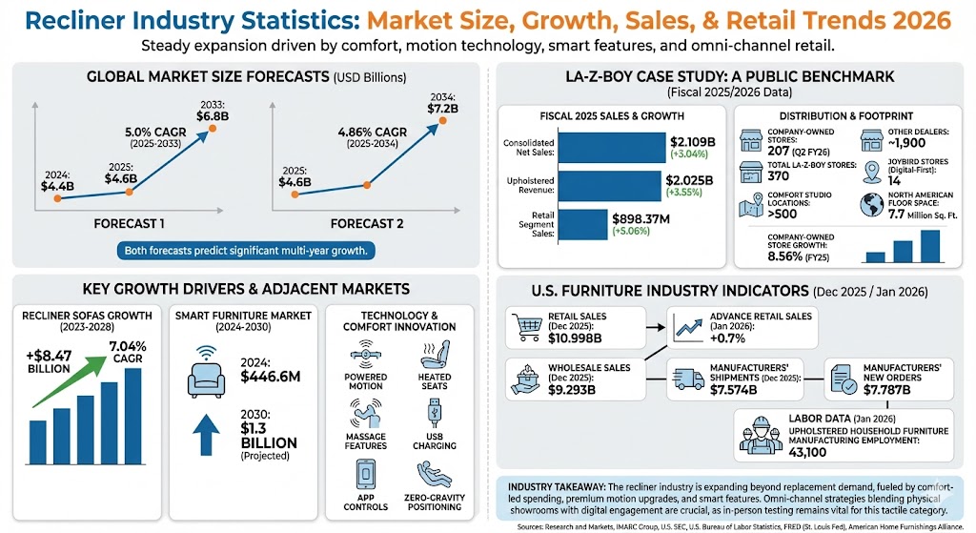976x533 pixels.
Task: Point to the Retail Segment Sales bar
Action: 581,224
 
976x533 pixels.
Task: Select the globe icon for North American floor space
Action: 872,205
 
